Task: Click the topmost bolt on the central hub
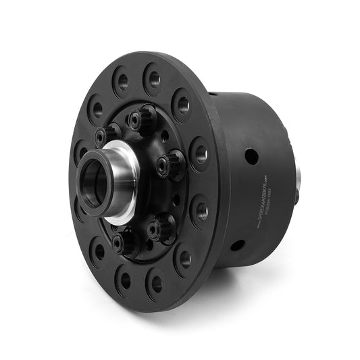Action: pos(142,120)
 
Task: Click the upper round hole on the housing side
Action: pos(251,156)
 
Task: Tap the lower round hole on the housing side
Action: pos(237,245)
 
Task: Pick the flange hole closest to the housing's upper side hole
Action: pos(201,153)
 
